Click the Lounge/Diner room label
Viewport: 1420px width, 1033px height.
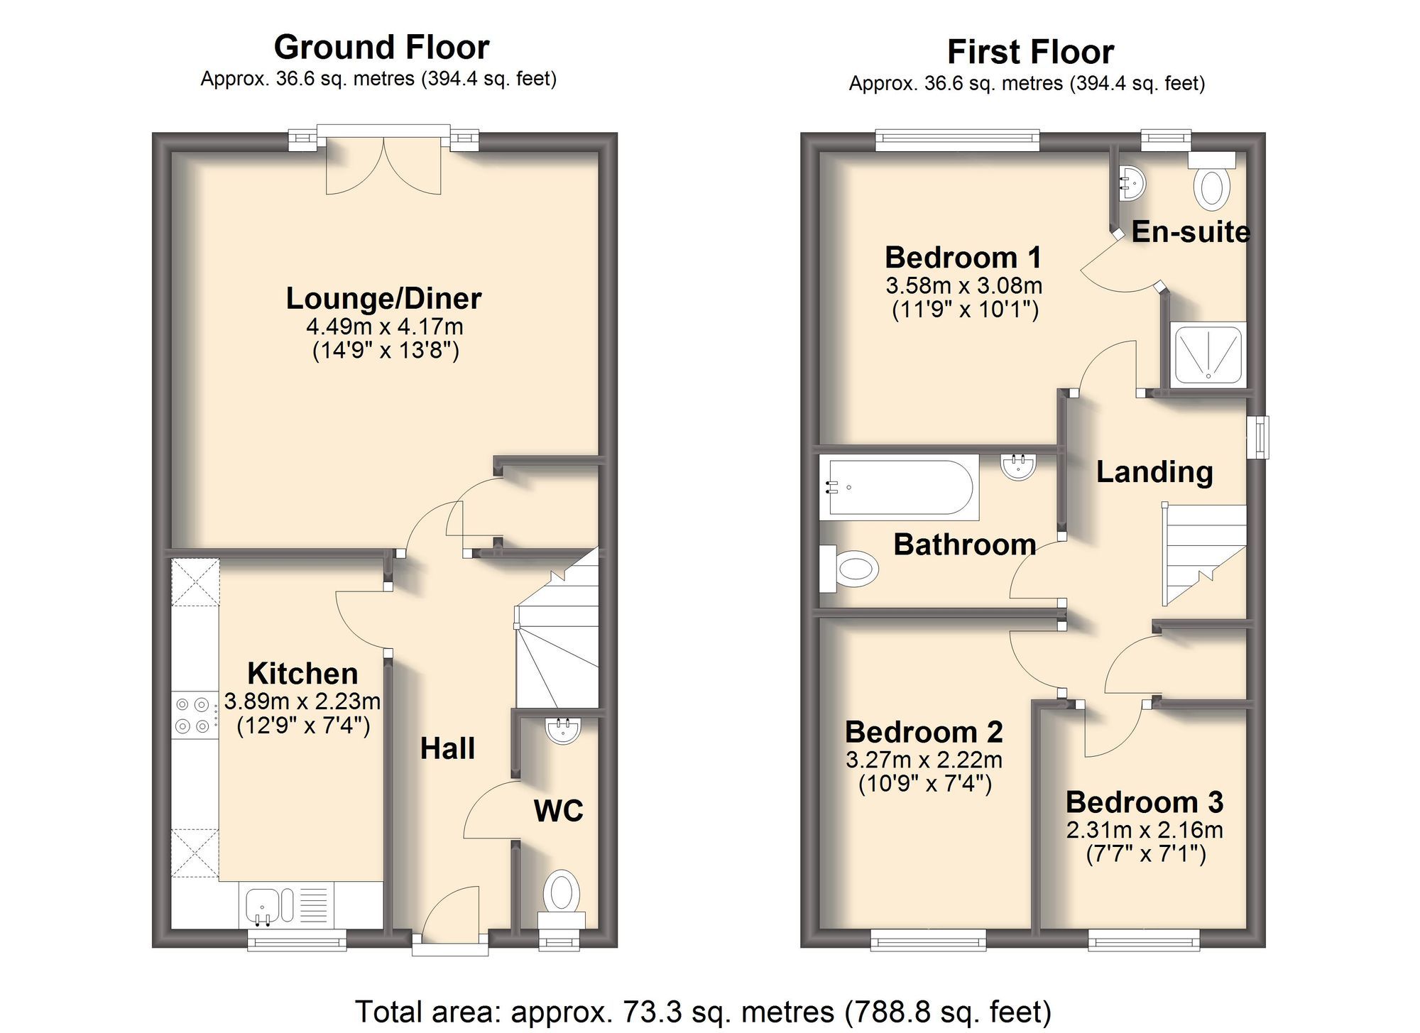[x=383, y=299]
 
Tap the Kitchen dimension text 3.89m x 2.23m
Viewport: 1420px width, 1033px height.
[x=302, y=701]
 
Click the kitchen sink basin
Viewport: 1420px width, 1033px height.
[x=263, y=906]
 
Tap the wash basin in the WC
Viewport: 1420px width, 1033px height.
[x=563, y=731]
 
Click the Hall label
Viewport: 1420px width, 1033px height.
[x=447, y=748]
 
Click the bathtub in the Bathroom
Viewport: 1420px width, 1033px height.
[x=900, y=487]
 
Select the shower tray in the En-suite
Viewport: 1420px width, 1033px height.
[x=1208, y=354]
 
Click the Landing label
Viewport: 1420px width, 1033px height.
[x=1154, y=472]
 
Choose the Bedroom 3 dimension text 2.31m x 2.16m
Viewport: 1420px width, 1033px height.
[x=1145, y=829]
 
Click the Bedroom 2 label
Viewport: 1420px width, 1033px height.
[x=924, y=731]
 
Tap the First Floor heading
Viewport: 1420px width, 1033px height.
[x=1030, y=52]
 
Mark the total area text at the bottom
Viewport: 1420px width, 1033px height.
[x=703, y=1012]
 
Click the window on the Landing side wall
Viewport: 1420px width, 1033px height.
[x=1258, y=437]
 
